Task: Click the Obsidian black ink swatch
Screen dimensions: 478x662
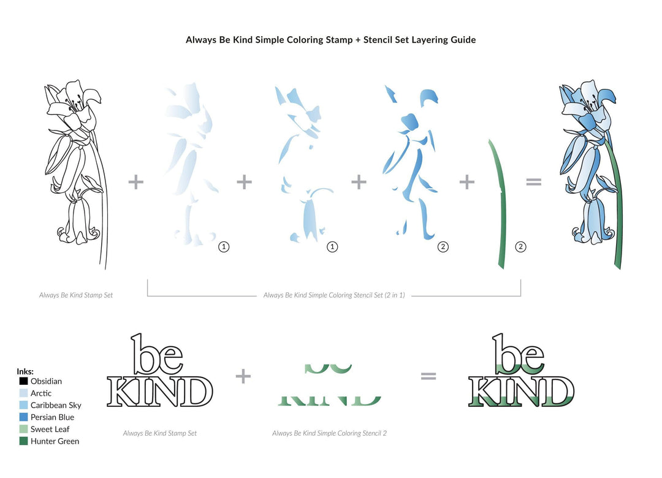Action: coord(23,381)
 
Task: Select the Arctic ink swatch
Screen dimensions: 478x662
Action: coord(23,393)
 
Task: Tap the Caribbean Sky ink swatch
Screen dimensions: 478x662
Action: coord(23,405)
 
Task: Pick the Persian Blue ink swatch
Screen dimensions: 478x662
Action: coord(23,417)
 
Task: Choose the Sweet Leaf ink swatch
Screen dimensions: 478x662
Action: coord(23,429)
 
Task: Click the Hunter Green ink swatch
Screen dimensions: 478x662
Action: coord(23,441)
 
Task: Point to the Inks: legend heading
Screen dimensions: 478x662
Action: coord(25,371)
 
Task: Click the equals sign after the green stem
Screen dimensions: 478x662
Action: coord(534,181)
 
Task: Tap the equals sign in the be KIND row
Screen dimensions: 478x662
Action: coord(428,376)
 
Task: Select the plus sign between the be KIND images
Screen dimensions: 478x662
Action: coord(243,376)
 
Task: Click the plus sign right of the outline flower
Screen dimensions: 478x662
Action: coord(135,181)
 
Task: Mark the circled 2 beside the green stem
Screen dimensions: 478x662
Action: coord(520,247)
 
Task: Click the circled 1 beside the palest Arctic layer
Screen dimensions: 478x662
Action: coord(224,247)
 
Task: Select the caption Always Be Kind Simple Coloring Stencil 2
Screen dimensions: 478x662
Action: coord(329,433)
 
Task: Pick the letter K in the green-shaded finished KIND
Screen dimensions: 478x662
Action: coord(482,392)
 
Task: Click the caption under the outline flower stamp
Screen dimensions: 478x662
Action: coord(76,295)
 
